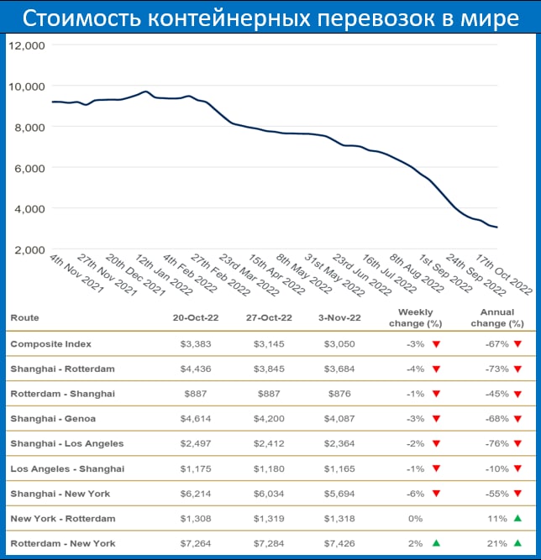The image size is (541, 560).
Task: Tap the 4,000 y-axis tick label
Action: (28, 208)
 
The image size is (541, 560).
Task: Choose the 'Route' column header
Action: (24, 318)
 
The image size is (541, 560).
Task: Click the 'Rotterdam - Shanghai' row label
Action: (62, 394)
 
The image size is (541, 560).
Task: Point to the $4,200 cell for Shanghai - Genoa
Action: (270, 419)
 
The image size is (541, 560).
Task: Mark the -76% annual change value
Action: (494, 444)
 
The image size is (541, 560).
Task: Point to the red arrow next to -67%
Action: (517, 343)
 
